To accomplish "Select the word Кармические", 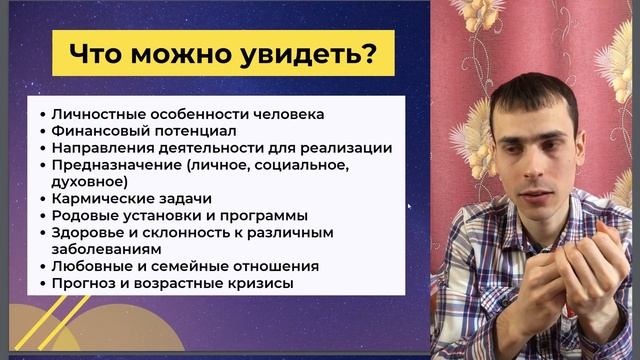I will [98, 199].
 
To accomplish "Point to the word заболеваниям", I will [103, 249].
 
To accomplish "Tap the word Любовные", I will [90, 266].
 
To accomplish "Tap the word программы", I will [266, 215].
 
